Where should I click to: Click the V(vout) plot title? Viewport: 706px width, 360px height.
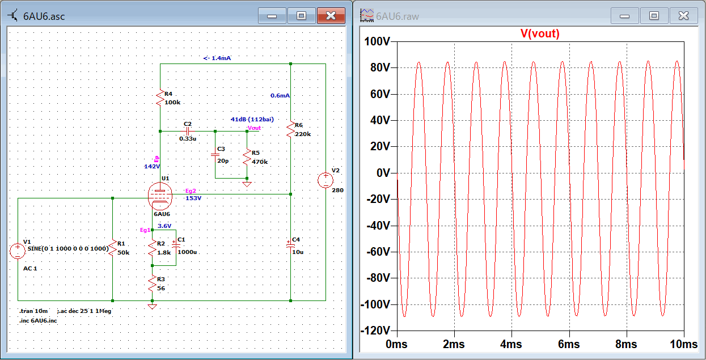[540, 33]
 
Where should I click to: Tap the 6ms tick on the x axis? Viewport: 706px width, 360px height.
[569, 345]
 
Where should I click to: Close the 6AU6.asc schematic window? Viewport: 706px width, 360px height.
[331, 16]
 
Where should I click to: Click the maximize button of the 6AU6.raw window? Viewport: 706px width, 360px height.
[654, 16]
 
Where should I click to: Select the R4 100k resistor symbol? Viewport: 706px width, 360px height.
[160, 100]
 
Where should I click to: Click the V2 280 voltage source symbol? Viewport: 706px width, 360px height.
[326, 180]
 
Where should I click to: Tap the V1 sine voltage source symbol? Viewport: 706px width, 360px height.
[18, 250]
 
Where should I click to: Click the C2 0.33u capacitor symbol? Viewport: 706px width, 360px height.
[188, 131]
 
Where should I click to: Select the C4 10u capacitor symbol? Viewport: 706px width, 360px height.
[290, 245]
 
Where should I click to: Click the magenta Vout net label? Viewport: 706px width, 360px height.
[255, 128]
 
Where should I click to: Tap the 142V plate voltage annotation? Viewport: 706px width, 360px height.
[152, 167]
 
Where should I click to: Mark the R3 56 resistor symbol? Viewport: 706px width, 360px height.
[152, 282]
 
